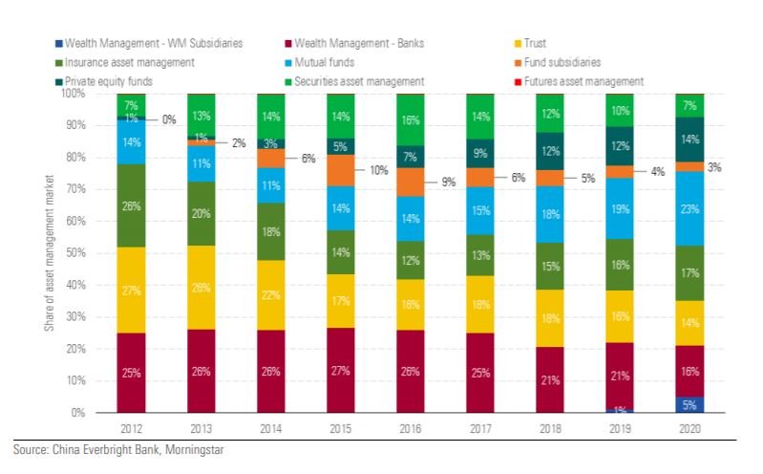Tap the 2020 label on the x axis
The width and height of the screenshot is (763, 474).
coord(689,429)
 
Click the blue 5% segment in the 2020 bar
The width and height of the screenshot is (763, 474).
coord(689,404)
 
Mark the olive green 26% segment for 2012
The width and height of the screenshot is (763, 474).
coord(131,205)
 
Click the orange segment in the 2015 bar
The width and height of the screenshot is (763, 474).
coord(341,170)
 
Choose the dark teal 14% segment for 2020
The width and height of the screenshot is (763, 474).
coord(689,140)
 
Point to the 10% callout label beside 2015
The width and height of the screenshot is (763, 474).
coord(380,169)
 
